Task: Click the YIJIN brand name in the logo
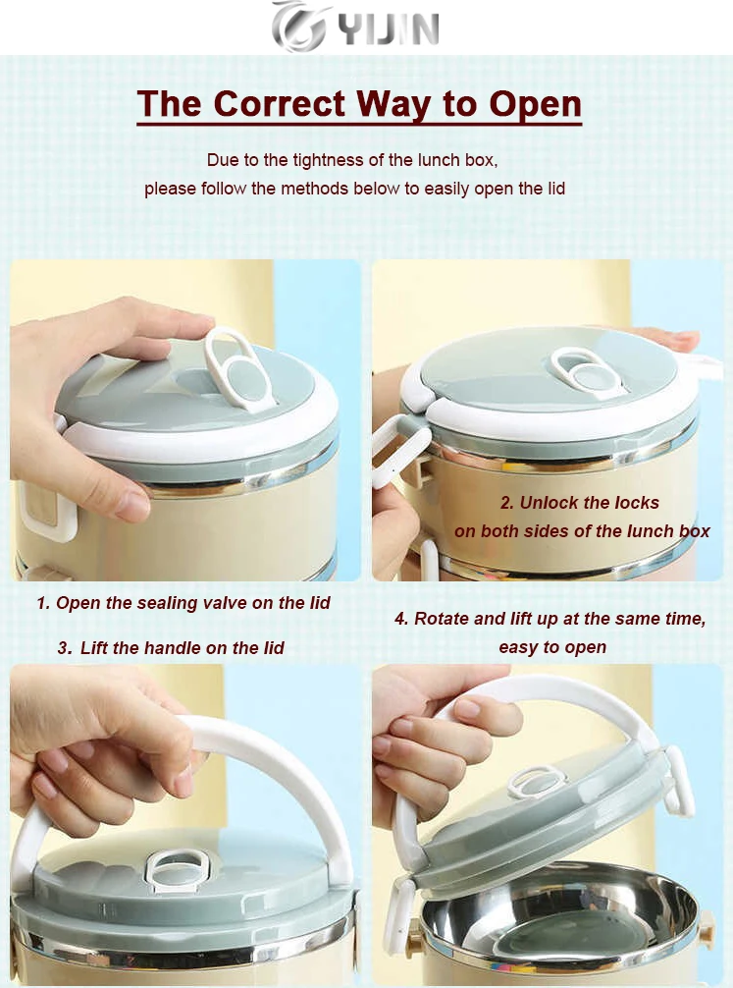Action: click(x=388, y=29)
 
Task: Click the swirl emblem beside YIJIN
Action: click(x=298, y=27)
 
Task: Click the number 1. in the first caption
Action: click(x=43, y=603)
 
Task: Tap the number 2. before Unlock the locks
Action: click(x=507, y=503)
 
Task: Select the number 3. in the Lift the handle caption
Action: click(x=64, y=648)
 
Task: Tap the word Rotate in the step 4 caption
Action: click(x=442, y=619)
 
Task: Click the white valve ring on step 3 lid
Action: click(x=177, y=869)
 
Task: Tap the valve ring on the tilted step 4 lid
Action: click(x=537, y=781)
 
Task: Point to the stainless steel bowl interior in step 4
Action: click(x=559, y=912)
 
